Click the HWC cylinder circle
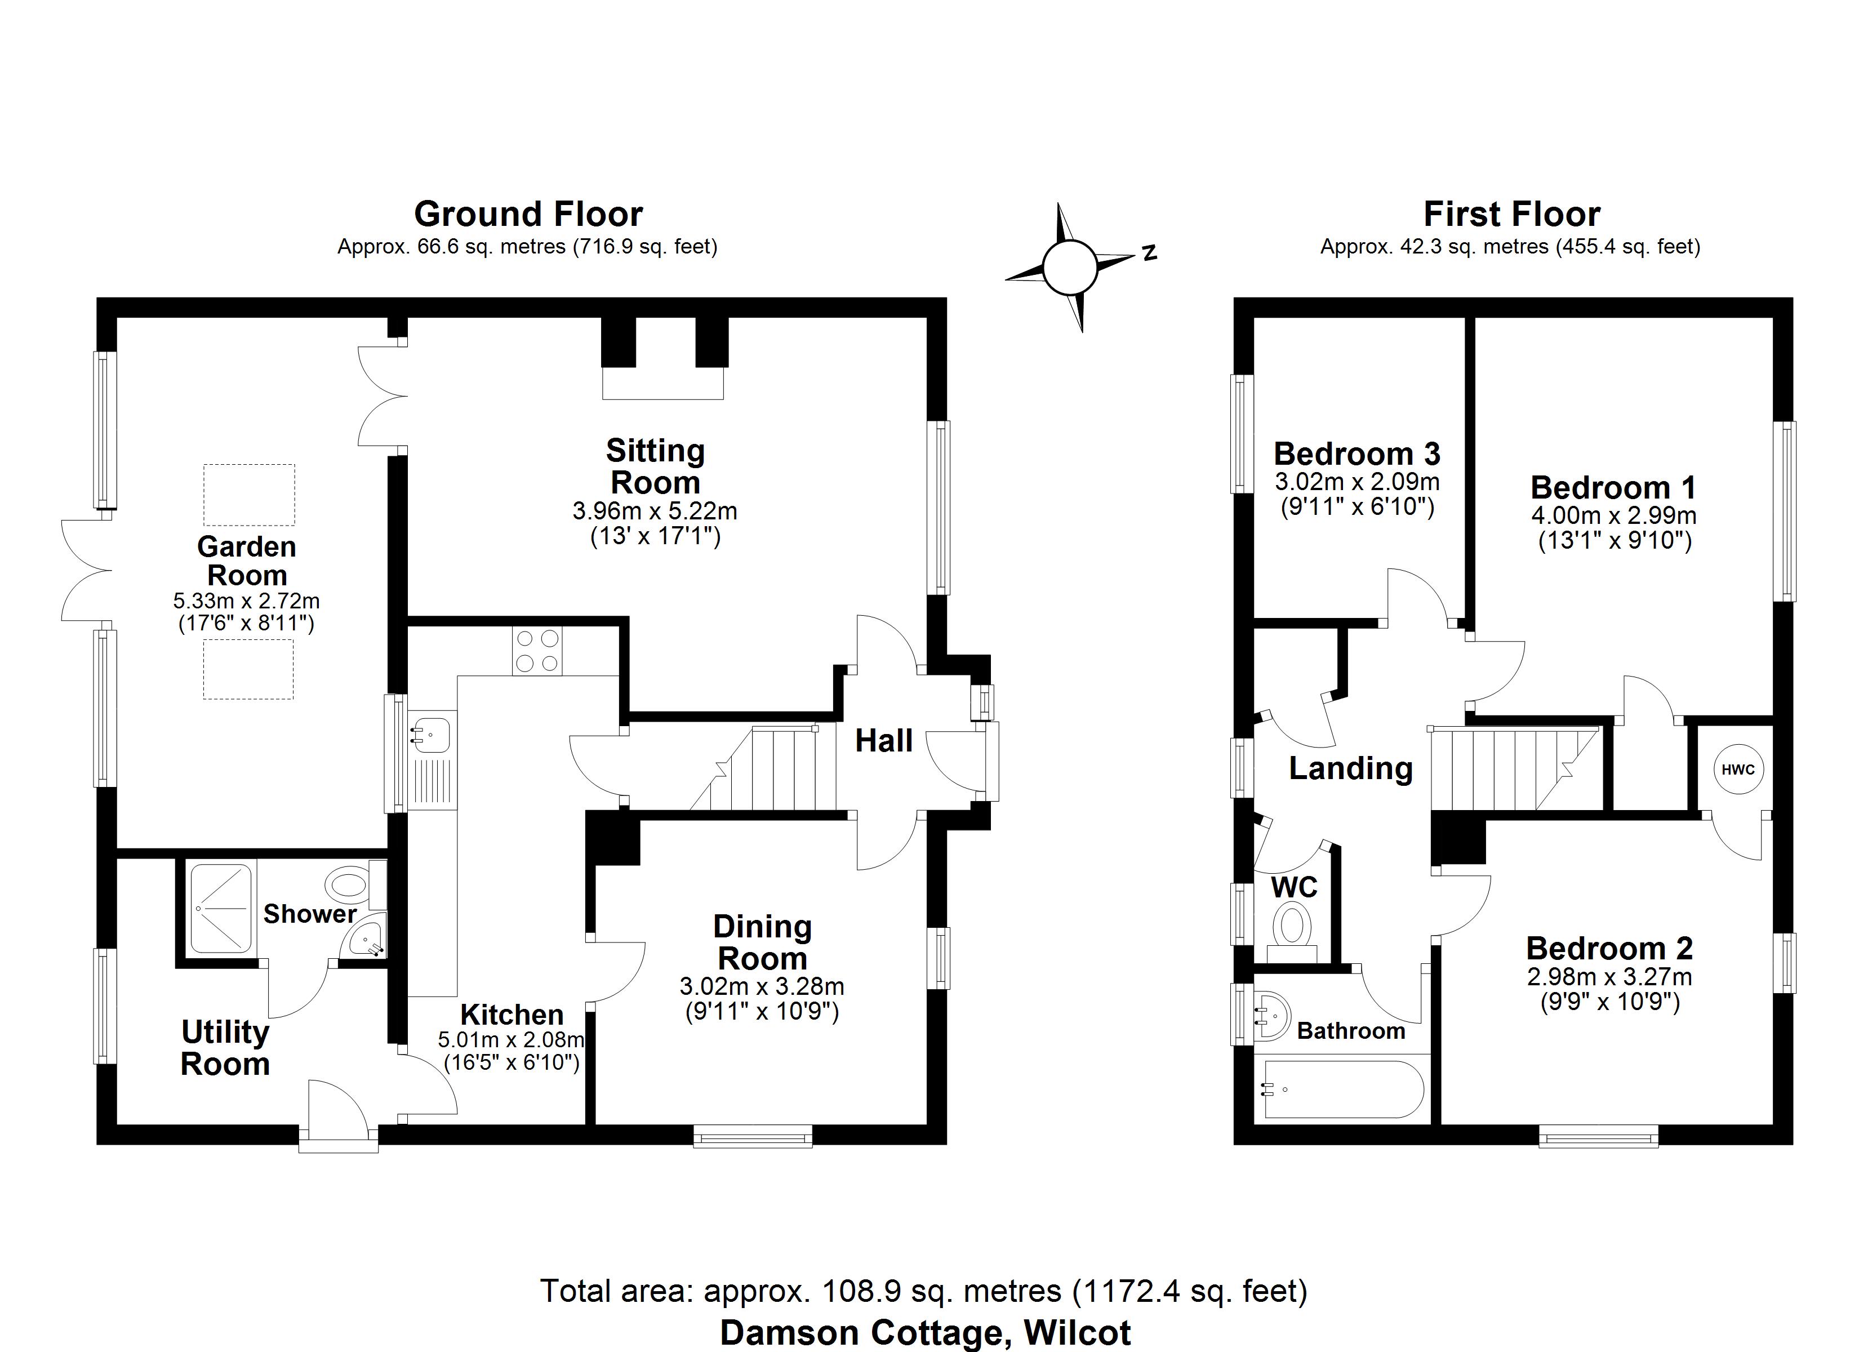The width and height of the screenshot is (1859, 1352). pos(1738,769)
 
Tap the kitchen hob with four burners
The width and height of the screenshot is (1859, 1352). pos(537,651)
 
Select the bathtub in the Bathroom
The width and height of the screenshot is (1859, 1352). pos(1342,1089)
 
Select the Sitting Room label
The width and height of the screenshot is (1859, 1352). pos(655,466)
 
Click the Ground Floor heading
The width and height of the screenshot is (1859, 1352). pos(528,214)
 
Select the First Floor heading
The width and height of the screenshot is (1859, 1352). pos(1511,214)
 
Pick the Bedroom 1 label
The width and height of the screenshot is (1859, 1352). pos(1612,488)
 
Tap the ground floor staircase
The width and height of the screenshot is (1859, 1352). pos(766,768)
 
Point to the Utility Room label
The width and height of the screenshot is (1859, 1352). pos(225,1048)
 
